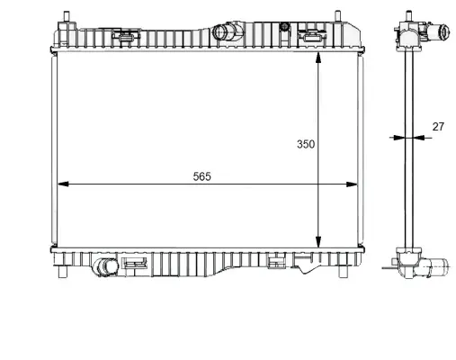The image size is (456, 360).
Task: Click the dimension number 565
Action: coord(201,176)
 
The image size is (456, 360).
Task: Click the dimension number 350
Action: coord(307,144)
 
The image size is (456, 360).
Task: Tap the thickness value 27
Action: coord(438,127)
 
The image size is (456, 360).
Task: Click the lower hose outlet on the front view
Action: coord(107,267)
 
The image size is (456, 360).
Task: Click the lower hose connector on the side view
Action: coord(440,266)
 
